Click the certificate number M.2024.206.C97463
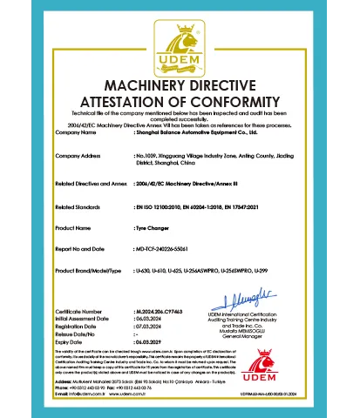(x=160, y=311)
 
